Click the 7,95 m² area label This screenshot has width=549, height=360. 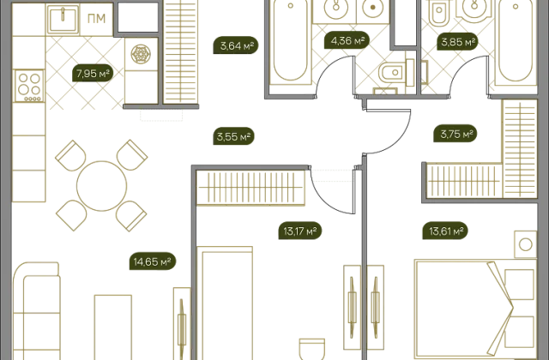93,74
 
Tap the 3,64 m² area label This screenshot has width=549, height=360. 236,45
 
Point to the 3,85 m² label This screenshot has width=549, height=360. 458,42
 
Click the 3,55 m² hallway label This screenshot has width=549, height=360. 233,136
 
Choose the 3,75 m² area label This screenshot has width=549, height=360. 455,134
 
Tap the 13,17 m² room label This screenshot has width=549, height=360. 300,231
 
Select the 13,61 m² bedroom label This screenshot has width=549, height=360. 445,231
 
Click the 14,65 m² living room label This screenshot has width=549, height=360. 153,261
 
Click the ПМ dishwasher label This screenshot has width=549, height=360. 96,19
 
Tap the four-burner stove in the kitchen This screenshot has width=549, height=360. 29,86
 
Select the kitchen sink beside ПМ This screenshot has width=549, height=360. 63,19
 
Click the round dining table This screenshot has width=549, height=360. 101,186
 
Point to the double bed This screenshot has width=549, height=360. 475,308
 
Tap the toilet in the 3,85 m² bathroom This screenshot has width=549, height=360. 439,14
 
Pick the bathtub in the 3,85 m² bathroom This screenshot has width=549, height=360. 516,42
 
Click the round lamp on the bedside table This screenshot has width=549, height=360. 526,244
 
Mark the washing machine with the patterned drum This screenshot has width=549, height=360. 141,54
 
